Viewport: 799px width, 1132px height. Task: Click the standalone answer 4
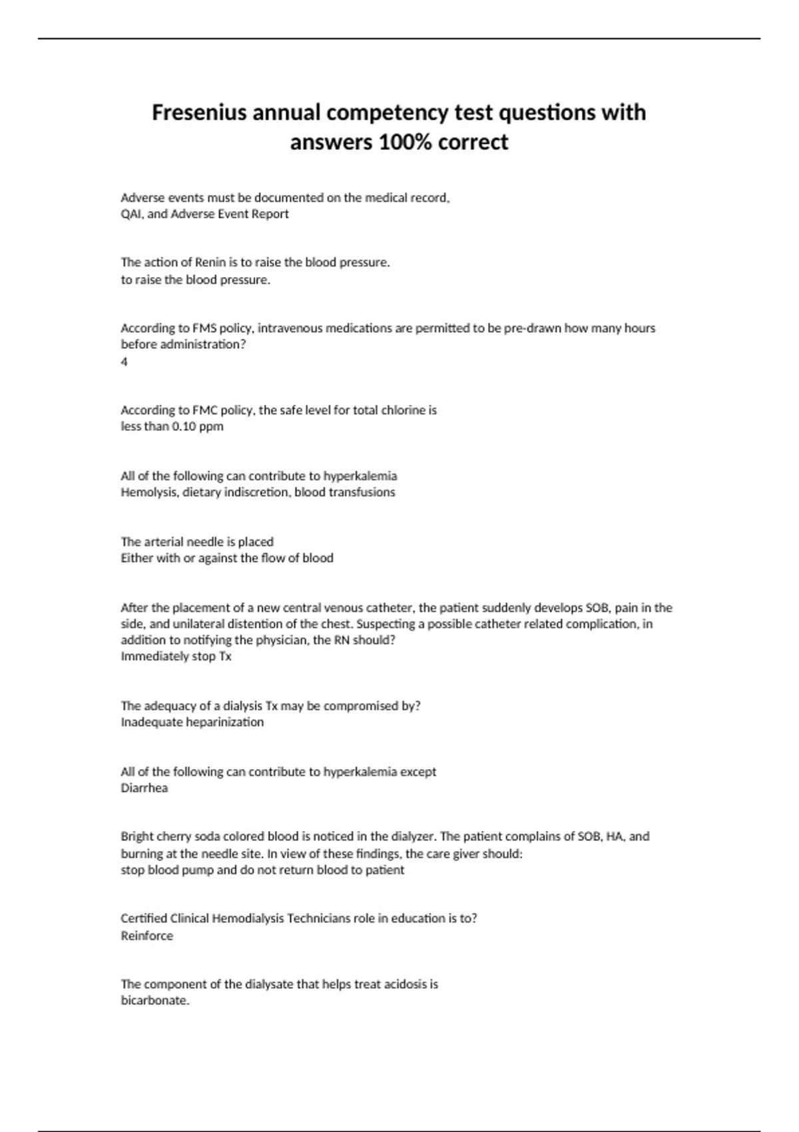tap(124, 362)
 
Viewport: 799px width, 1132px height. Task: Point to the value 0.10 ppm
tap(197, 426)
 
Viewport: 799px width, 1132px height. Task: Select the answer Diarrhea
tap(144, 788)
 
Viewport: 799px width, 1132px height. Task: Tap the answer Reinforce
tap(146, 936)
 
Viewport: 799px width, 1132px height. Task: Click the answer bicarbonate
tap(154, 1000)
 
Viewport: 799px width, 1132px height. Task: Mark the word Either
tap(136, 558)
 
